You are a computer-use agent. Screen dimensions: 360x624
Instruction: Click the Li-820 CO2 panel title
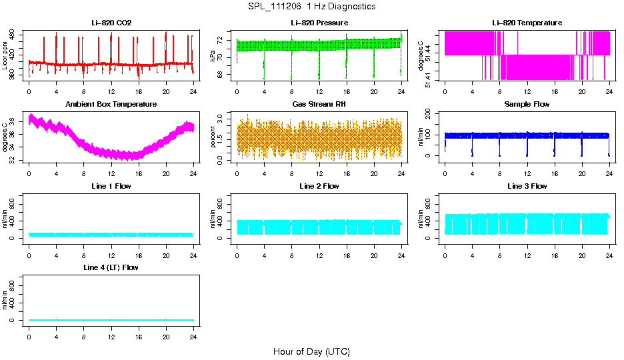pyautogui.click(x=111, y=23)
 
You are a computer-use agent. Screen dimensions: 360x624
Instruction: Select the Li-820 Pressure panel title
pyautogui.click(x=319, y=23)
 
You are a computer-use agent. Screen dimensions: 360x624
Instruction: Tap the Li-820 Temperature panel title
pyautogui.click(x=527, y=23)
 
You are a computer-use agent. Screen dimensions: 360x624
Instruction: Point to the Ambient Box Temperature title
pyautogui.click(x=111, y=105)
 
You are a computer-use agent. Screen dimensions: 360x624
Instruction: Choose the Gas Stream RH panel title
pyautogui.click(x=319, y=105)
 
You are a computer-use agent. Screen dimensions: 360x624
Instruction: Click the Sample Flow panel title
pyautogui.click(x=527, y=105)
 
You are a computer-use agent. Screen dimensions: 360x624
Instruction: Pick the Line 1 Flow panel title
pyautogui.click(x=111, y=186)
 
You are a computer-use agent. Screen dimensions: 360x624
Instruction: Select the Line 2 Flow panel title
pyautogui.click(x=319, y=186)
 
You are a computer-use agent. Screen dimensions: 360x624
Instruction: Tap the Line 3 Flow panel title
pyautogui.click(x=527, y=186)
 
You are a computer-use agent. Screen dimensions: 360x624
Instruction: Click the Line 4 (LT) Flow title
pyautogui.click(x=111, y=267)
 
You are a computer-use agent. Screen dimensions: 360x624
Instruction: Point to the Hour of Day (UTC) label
pyautogui.click(x=311, y=351)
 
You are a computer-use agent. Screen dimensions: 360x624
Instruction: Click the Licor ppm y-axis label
pyautogui.click(x=5, y=56)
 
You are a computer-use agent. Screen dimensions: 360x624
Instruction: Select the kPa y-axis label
pyautogui.click(x=213, y=56)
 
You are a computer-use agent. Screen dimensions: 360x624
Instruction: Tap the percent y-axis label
pyautogui.click(x=213, y=137)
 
